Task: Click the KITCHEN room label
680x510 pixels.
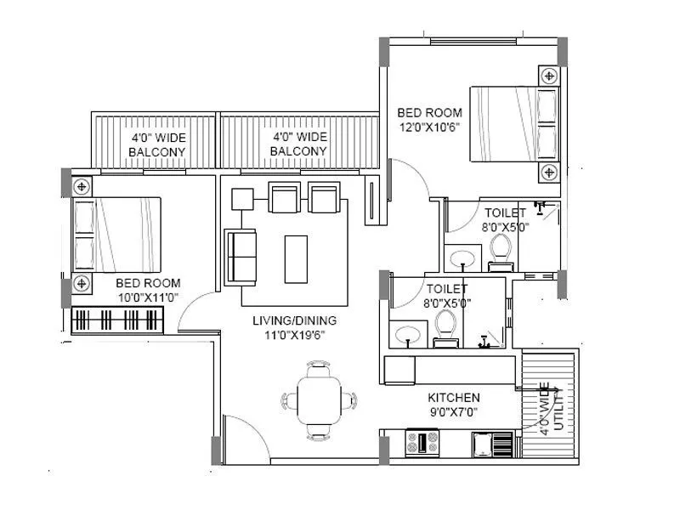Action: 453,397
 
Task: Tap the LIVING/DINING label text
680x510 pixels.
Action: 294,320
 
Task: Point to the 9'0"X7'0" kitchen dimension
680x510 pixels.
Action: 453,412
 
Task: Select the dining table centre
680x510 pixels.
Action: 318,399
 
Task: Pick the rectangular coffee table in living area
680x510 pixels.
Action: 296,258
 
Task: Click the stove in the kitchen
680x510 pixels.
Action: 422,443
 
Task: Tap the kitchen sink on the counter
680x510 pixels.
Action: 493,444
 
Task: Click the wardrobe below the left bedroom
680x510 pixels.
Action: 117,321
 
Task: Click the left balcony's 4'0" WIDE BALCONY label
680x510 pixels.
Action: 157,144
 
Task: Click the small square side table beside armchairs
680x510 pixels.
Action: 242,198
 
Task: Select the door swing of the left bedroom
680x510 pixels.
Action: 197,310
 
